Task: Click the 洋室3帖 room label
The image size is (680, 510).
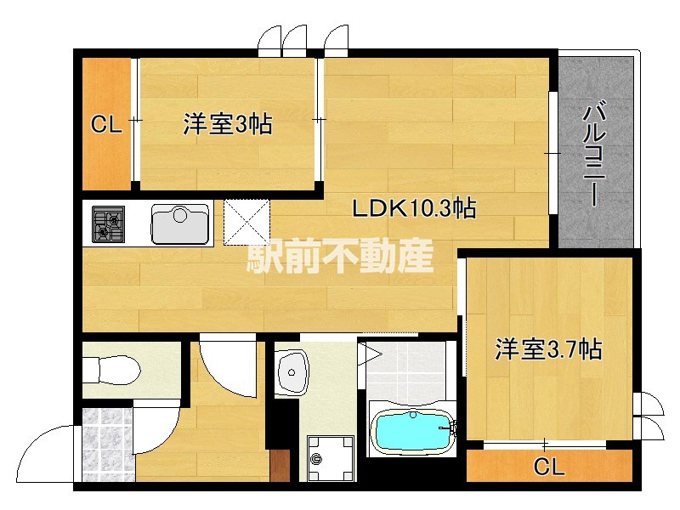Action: (x=227, y=126)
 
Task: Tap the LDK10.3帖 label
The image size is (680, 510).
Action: (x=414, y=207)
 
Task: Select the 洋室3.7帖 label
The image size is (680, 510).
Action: (x=549, y=349)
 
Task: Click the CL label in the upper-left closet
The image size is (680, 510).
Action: (x=106, y=126)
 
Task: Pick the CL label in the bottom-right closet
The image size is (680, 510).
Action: (x=549, y=466)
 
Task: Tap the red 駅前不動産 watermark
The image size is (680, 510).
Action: (x=340, y=255)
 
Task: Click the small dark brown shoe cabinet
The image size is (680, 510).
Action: (x=280, y=466)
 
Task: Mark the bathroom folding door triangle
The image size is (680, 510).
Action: (x=370, y=353)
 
